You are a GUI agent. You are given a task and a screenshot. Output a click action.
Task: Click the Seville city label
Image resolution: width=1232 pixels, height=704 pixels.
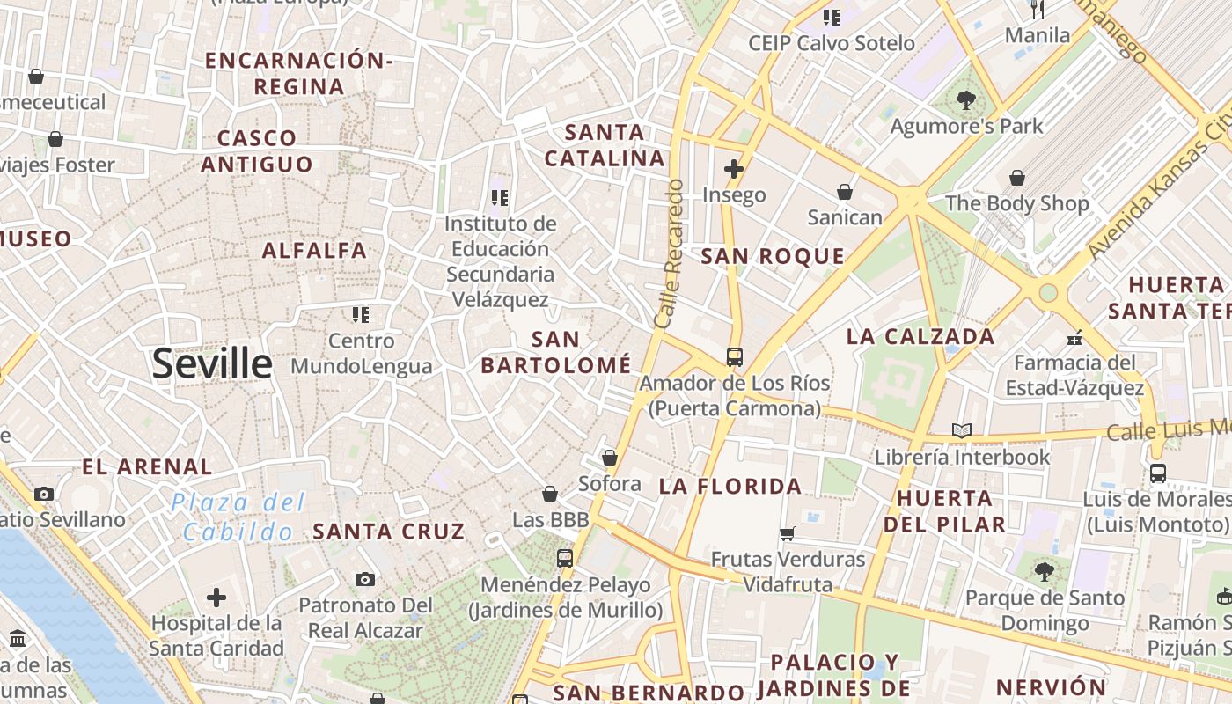tap(212, 363)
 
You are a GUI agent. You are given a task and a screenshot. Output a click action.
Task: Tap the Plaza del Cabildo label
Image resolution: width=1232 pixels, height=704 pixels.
tap(238, 517)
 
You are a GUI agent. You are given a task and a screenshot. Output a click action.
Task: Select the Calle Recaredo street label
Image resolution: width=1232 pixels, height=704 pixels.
tap(670, 254)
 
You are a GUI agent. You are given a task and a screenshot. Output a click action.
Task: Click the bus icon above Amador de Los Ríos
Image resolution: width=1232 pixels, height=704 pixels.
tap(734, 356)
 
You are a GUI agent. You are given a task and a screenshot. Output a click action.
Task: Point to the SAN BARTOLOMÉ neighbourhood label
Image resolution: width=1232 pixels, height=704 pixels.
tap(556, 352)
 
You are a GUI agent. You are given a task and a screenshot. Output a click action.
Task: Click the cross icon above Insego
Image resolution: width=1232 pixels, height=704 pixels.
tap(734, 168)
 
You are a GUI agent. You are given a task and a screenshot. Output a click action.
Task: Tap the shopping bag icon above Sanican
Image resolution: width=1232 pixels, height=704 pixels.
tap(845, 191)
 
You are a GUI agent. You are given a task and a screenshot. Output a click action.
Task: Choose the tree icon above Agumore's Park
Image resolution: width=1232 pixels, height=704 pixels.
tap(966, 100)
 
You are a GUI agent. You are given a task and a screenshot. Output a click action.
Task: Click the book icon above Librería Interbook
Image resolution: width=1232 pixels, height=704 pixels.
tap(962, 430)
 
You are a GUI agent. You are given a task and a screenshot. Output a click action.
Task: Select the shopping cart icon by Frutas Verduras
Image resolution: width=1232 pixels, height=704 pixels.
tap(788, 533)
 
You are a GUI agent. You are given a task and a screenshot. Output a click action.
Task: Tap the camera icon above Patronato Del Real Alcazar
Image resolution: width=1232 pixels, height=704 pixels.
tap(365, 579)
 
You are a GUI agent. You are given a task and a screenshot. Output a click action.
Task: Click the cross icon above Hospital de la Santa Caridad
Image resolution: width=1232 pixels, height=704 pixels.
tap(216, 598)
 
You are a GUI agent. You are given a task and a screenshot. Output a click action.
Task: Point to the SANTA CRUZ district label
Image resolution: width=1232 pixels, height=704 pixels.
tap(388, 532)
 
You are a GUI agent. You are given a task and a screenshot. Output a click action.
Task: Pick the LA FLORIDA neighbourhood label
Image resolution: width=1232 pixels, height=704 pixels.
tap(730, 486)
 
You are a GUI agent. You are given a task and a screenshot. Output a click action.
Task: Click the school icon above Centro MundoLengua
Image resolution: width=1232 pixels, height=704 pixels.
tap(361, 314)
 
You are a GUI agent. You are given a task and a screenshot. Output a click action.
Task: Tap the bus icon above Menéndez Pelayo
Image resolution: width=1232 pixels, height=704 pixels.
tap(564, 558)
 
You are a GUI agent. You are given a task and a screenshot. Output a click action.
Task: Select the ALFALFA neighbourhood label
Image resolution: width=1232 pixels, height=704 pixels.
tap(314, 251)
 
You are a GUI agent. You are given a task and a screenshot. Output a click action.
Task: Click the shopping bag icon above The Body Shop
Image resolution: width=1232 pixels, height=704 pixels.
tap(1017, 178)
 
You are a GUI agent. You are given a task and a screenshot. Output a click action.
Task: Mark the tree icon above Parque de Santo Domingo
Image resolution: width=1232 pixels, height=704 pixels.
tap(1044, 572)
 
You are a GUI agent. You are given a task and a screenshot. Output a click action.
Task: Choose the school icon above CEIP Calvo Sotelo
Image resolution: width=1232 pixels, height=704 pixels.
tap(832, 17)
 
